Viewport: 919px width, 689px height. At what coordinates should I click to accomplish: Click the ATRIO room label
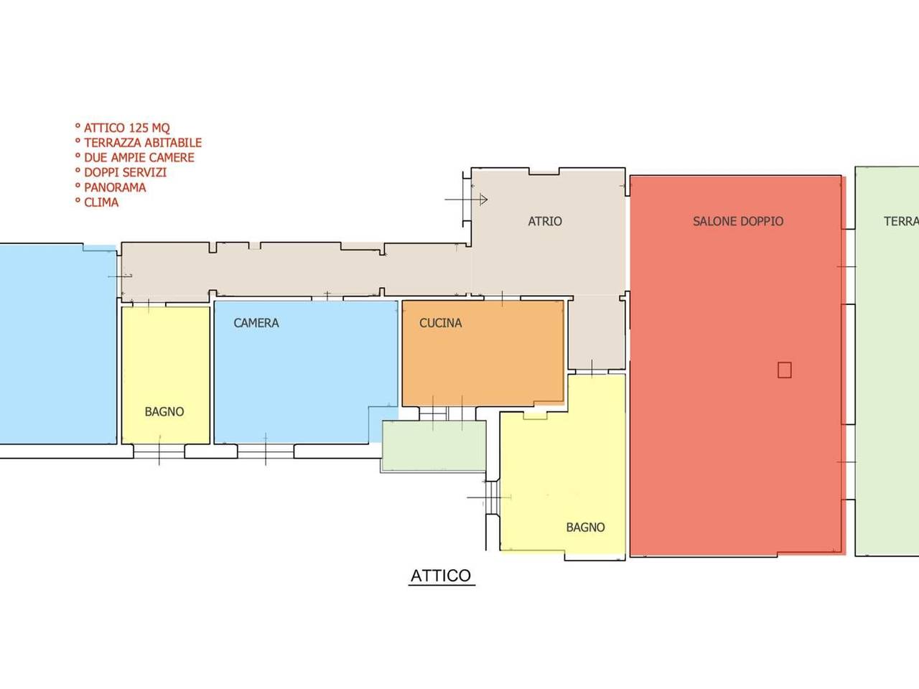(x=545, y=221)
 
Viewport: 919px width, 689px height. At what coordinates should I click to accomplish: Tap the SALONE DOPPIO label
(x=737, y=221)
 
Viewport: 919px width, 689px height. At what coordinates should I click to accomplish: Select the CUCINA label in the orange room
(x=440, y=322)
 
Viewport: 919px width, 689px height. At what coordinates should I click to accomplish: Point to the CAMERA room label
(x=256, y=322)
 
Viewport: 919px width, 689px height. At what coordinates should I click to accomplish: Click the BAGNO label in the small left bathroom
(x=164, y=412)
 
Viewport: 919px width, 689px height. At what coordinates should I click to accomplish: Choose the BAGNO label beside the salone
(x=585, y=527)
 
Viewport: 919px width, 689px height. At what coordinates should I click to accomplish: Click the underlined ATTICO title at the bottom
(x=441, y=576)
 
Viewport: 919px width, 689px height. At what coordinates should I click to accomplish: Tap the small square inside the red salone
(x=784, y=370)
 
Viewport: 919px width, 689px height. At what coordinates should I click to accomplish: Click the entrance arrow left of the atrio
(x=466, y=200)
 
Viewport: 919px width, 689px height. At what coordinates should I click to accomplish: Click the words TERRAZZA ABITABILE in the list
(x=143, y=143)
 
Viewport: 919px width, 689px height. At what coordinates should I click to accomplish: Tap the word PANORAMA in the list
(x=115, y=187)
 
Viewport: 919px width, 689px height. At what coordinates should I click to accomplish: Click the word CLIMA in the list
(x=101, y=202)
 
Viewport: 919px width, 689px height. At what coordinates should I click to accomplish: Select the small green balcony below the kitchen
(x=434, y=446)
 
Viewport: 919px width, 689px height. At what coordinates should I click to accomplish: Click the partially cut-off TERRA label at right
(x=901, y=221)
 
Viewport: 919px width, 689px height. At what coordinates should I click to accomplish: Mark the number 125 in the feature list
(x=138, y=128)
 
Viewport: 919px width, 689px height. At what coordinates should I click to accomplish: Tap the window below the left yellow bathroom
(x=159, y=451)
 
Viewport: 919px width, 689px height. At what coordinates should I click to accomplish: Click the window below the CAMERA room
(x=266, y=451)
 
